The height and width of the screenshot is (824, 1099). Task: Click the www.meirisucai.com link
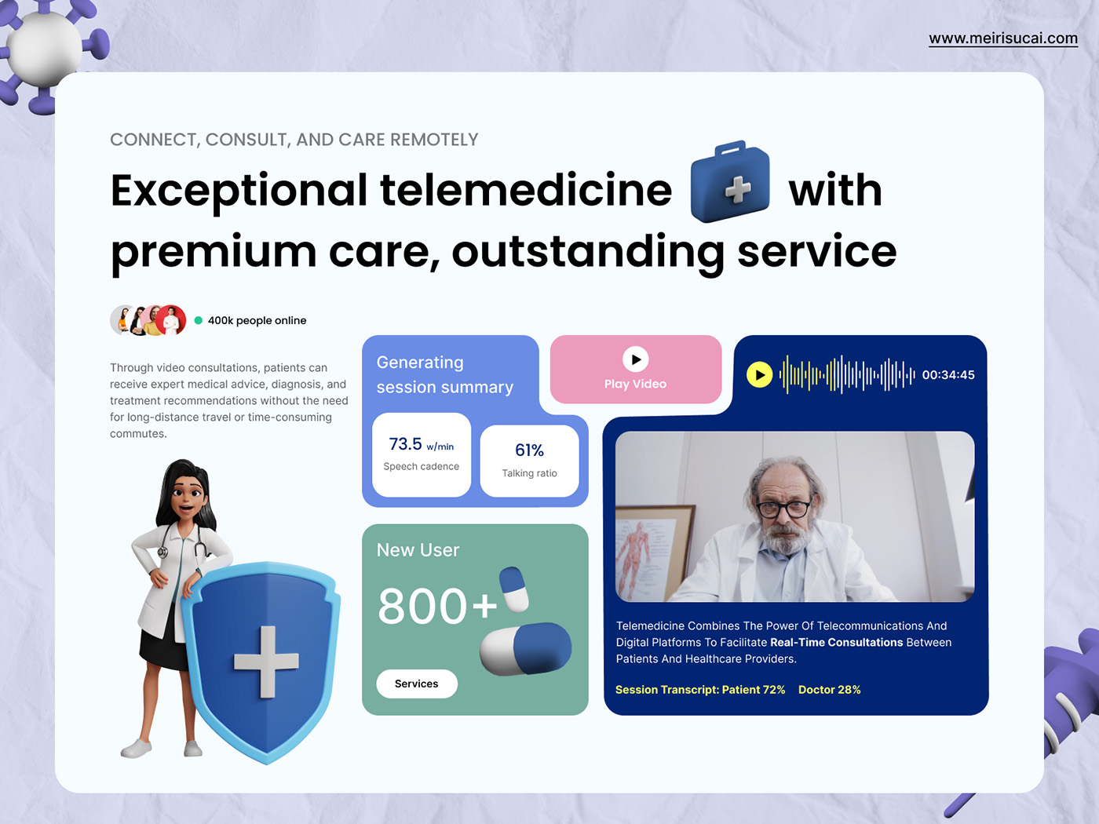1003,38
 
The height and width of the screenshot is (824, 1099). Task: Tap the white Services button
417,684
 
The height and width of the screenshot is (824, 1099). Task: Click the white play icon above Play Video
635,359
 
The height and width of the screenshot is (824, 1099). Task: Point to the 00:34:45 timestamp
948,375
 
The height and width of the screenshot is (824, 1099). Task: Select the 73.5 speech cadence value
406,443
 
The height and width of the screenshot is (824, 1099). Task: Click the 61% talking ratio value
529,450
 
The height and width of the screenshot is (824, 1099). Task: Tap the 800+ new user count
437,606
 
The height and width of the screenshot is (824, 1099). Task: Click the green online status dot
199,320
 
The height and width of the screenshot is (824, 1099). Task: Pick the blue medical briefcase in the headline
730,181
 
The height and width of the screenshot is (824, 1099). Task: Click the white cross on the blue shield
266,662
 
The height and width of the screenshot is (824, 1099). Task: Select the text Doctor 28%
830,690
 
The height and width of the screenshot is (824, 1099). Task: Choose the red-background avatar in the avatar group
170,320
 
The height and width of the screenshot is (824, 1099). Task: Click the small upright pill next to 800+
514,589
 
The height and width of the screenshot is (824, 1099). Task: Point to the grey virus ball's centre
45,49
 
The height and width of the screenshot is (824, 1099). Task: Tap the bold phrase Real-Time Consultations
836,643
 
